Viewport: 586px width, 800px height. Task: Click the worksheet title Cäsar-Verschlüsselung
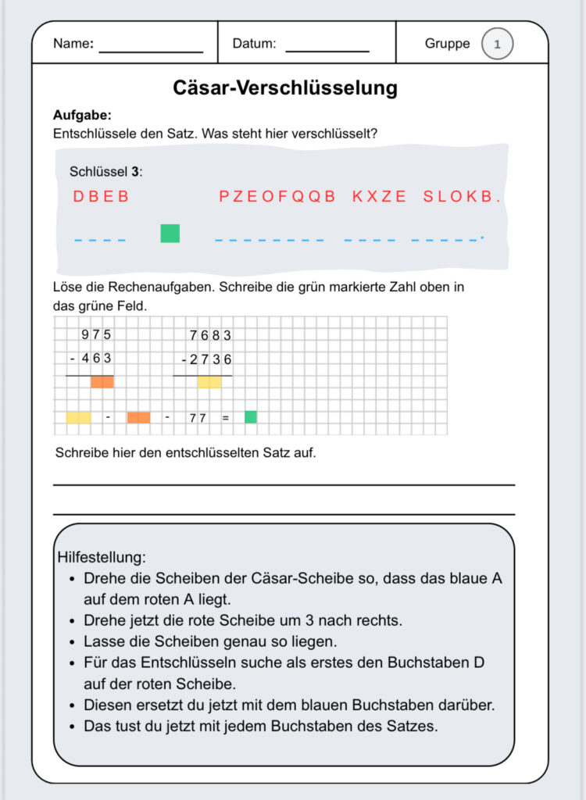(285, 87)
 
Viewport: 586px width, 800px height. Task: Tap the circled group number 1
(497, 44)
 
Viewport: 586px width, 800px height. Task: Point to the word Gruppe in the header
(448, 44)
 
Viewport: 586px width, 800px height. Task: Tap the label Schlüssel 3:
(105, 171)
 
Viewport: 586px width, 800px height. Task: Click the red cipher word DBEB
(101, 197)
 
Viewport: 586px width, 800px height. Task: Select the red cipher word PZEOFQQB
(277, 197)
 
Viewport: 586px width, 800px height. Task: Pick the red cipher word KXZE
(380, 197)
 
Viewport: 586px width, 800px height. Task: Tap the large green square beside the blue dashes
(170, 233)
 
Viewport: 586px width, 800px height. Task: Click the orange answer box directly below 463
(102, 382)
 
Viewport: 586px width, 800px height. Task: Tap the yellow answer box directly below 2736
(209, 382)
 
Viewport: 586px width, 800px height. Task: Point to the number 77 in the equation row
(197, 418)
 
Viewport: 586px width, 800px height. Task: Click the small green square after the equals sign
(251, 417)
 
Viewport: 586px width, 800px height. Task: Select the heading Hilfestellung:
(102, 558)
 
